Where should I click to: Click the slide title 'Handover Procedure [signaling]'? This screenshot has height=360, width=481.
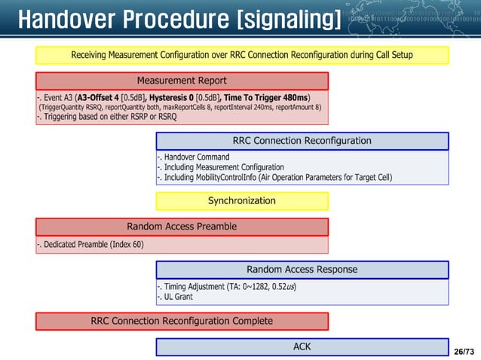(179, 19)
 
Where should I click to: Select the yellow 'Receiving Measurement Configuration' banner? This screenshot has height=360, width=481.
(242, 55)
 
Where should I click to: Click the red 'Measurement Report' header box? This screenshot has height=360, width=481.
(182, 81)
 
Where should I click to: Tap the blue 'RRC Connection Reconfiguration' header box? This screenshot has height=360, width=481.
(302, 141)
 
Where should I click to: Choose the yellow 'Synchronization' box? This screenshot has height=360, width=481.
(242, 201)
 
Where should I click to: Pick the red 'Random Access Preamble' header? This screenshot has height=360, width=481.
(182, 227)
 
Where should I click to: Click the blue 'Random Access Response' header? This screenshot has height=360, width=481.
(302, 270)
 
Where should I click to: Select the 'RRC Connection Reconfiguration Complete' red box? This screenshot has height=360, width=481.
(182, 322)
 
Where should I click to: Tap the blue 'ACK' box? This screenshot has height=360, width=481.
(302, 347)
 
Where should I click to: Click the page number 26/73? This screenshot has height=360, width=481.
(465, 352)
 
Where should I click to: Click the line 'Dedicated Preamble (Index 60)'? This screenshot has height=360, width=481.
(90, 244)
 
